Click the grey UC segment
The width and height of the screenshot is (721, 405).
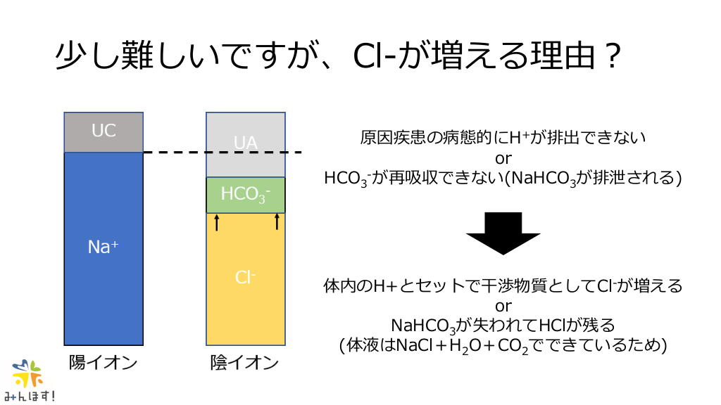coord(104,132)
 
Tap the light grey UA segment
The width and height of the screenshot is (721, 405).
coord(245,144)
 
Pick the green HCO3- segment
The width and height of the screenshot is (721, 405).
coord(245,195)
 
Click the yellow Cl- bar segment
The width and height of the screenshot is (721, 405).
coord(245,278)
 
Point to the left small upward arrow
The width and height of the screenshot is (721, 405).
coord(217,222)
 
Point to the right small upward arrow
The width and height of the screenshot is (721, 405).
coord(277,222)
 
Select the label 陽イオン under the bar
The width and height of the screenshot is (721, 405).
coord(103,363)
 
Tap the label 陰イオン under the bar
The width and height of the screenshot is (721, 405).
coord(244,363)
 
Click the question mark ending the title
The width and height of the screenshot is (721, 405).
coord(610,56)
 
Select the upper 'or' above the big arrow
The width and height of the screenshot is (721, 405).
coord(503,157)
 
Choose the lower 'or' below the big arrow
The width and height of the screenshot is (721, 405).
coord(503,306)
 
